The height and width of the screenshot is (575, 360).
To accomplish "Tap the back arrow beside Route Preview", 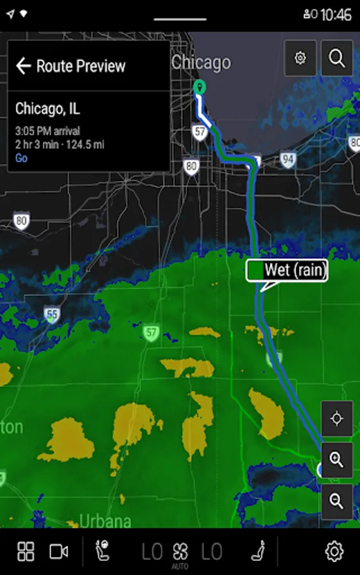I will click(x=24, y=66).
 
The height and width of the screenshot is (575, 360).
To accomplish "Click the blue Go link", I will click(x=22, y=158).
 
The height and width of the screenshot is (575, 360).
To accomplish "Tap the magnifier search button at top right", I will click(x=337, y=58).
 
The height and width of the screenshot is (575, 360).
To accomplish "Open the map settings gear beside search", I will click(x=300, y=58).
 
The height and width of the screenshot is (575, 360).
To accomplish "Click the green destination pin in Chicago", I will click(x=199, y=88).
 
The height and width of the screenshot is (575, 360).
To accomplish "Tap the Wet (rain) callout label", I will click(x=287, y=270).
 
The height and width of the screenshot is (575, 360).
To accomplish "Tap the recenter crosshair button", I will click(x=337, y=419).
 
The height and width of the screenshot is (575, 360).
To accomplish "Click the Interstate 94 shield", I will click(x=288, y=159).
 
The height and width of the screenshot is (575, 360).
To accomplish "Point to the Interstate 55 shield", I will click(x=52, y=314).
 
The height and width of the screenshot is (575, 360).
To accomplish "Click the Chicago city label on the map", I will click(x=201, y=63).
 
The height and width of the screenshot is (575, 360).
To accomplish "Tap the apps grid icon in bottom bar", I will click(x=26, y=551).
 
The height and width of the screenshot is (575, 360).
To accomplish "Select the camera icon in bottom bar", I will click(x=59, y=551).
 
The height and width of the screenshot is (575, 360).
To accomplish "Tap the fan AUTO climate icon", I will click(x=180, y=553).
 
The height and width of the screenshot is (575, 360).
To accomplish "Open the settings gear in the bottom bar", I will click(x=334, y=551).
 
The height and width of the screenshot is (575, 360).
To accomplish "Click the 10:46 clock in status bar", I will click(x=336, y=14).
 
